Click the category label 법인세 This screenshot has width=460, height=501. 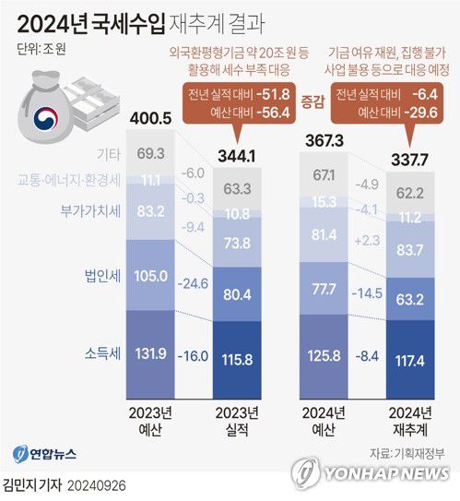click(x=100, y=274)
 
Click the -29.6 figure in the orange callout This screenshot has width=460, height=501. click(x=425, y=113)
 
